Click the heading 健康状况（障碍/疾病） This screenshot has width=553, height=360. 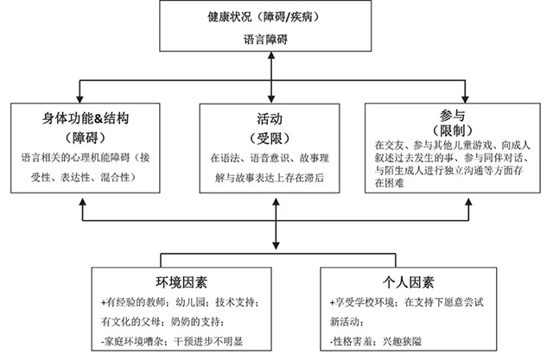pos(264,16)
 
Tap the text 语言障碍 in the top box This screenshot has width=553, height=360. pos(265,39)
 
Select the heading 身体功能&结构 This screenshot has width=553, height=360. pos(86,118)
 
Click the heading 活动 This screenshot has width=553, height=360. pos(270,119)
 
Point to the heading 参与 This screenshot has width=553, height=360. pos(452,115)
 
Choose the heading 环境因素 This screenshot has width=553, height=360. pos(181,282)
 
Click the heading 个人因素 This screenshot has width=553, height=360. pos(409,282)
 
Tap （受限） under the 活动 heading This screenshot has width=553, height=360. pos(270,138)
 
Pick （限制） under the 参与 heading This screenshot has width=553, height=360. pos(452,130)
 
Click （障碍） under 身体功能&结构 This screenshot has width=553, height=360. pos(86,137)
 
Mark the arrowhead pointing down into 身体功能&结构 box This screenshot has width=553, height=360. pos(80,98)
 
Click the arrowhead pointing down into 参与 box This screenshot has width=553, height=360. pos(465,98)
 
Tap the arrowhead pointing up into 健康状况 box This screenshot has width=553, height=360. pos(271,55)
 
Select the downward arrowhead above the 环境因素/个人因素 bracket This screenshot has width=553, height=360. pos(276,245)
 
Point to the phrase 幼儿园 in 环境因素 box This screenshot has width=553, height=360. pos(190,302)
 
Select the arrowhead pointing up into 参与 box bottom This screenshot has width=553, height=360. pos(468,203)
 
